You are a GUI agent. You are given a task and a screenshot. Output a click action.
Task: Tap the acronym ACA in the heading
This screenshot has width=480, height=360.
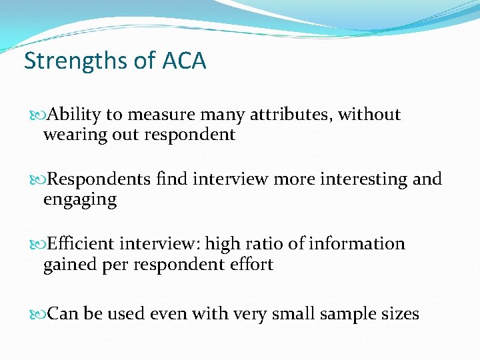[x=184, y=61]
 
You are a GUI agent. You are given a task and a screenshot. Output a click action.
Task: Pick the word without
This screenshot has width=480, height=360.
[x=369, y=115]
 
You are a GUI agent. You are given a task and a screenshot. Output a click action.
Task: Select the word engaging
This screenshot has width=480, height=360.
[x=80, y=199]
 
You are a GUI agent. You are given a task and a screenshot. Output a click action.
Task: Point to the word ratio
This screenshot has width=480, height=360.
[x=269, y=244]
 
